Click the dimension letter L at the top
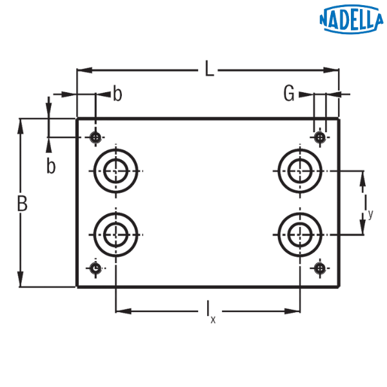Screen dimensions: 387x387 coord(208,69)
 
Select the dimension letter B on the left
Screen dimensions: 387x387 coord(21,204)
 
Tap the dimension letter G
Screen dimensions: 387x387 coord(290,95)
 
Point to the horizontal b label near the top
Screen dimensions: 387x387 coord(117,94)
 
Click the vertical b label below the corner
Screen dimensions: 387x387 coord(50,166)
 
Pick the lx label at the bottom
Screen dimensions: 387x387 coord(210,311)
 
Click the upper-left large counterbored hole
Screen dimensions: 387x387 coord(116,172)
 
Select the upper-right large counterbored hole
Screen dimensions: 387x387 coord(299,172)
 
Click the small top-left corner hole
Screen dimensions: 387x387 coord(96,137)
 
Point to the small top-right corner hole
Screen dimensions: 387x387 coord(319,137)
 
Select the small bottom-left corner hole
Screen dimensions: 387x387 coord(96,268)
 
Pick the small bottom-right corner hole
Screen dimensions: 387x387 coord(319,268)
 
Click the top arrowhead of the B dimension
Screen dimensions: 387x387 coord(21,126)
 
